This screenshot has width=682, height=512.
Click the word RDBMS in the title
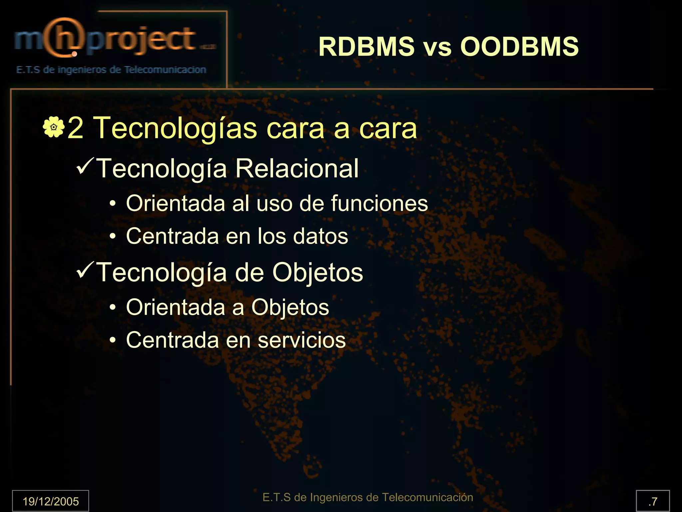pos(366,47)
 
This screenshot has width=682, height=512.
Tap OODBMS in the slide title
pos(519,47)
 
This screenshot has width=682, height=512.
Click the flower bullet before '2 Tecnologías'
pos(53,127)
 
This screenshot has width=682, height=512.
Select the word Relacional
pos(297,169)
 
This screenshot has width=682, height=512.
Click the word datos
pos(320,236)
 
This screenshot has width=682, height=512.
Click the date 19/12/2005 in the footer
pos(51,501)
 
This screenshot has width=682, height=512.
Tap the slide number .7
pos(653,501)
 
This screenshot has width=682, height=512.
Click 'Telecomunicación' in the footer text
pos(427,497)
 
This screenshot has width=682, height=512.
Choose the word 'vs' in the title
pos(438,48)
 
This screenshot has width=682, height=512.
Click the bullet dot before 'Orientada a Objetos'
pos(113,307)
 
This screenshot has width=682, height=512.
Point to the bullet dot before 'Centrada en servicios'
pos(113,340)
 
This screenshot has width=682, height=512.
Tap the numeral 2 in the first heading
pos(75,128)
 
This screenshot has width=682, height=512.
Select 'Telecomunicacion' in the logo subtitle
pos(165,70)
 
